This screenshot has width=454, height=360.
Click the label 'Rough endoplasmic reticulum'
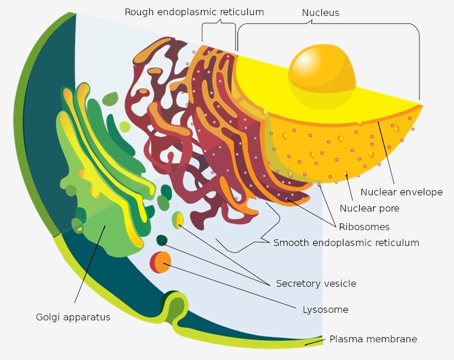194,12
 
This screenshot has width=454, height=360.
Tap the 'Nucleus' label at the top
320,12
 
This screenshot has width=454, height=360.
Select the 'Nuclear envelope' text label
401,192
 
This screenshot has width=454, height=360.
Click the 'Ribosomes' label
365,226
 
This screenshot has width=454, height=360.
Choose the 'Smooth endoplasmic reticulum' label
346,243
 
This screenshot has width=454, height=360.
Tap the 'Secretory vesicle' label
315,283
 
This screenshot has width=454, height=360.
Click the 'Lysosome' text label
325,309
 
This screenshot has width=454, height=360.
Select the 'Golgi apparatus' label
73,317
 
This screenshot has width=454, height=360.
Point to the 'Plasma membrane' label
373,339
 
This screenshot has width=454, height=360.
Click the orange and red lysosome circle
161,262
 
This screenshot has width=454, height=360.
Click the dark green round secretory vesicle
162,240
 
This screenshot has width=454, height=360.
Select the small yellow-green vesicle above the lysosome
178,220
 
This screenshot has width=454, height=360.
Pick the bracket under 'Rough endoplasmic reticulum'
219,26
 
